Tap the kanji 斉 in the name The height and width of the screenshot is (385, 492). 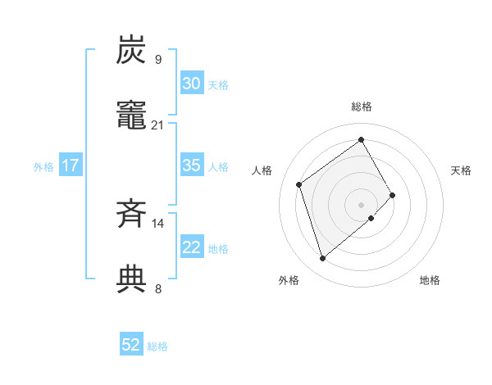[132, 214]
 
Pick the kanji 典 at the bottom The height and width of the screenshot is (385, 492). [132, 279]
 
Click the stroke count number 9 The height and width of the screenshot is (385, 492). [158, 59]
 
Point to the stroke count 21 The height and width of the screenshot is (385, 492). [158, 125]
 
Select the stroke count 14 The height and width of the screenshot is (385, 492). [158, 223]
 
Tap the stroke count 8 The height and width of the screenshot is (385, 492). [158, 288]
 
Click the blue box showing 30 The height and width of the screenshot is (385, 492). [191, 84]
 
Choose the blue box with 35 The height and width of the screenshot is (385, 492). [191, 165]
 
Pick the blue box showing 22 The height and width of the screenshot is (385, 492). [191, 247]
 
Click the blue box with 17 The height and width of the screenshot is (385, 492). [71, 165]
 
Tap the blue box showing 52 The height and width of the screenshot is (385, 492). [131, 346]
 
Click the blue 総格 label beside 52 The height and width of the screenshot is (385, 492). [157, 346]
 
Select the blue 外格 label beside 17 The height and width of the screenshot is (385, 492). [43, 166]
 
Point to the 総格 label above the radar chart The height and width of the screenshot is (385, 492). [362, 106]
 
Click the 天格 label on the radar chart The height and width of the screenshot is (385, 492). [461, 170]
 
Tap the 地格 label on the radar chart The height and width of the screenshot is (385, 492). [430, 280]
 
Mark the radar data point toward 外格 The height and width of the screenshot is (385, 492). [322, 259]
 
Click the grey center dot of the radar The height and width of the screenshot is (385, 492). [362, 203]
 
